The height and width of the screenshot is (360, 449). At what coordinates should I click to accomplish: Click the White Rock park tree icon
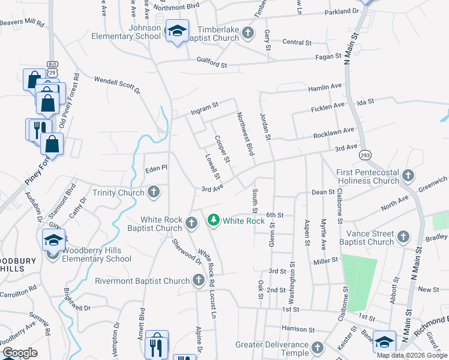pyautogui.click(x=213, y=221)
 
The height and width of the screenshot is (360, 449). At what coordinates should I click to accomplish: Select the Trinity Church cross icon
pyautogui.click(x=154, y=193)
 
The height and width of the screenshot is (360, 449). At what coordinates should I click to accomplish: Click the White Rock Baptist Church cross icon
pyautogui.click(x=191, y=223)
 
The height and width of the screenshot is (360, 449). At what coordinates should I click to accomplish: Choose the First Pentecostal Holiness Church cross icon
pyautogui.click(x=408, y=175)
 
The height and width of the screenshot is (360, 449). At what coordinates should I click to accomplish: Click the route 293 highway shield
pyautogui.click(x=366, y=155)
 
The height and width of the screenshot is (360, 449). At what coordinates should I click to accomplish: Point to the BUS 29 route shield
pyautogui.click(x=52, y=68)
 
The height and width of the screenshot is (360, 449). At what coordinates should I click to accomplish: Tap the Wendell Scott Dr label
pyautogui.click(x=117, y=85)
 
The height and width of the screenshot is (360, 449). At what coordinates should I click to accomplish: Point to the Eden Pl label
pyautogui.click(x=156, y=170)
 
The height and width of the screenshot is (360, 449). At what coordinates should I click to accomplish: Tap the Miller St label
pyautogui.click(x=327, y=262)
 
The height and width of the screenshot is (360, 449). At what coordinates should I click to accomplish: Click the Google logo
pyautogui.click(x=20, y=353)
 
